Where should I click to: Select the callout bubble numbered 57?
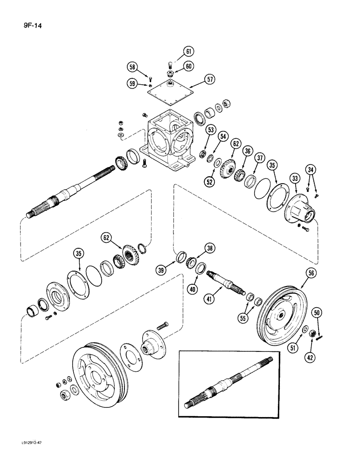[x=211, y=80]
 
